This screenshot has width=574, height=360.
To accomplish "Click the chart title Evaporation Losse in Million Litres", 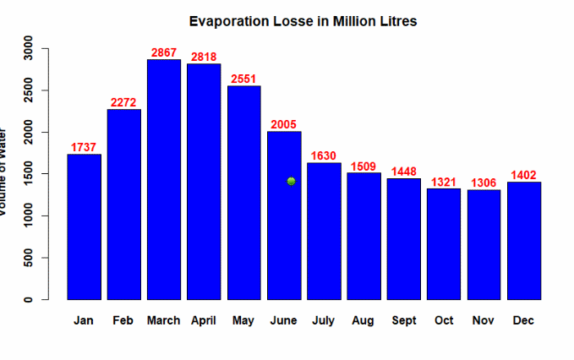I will [303, 20].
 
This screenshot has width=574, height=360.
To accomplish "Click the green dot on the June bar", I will [291, 181].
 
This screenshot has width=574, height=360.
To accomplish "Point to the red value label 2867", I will [164, 52].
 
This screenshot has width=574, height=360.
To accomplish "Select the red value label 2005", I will [284, 125].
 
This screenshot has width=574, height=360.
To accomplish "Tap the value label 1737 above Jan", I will [84, 147].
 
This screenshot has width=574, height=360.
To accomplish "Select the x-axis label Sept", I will [404, 321].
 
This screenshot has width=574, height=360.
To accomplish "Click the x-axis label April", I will [204, 321].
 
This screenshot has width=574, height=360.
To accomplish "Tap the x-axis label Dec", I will [524, 321].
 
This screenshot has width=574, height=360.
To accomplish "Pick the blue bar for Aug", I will [364, 236].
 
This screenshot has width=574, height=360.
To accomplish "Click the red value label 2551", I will [243, 79].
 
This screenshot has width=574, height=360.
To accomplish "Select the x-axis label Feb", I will [123, 321].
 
